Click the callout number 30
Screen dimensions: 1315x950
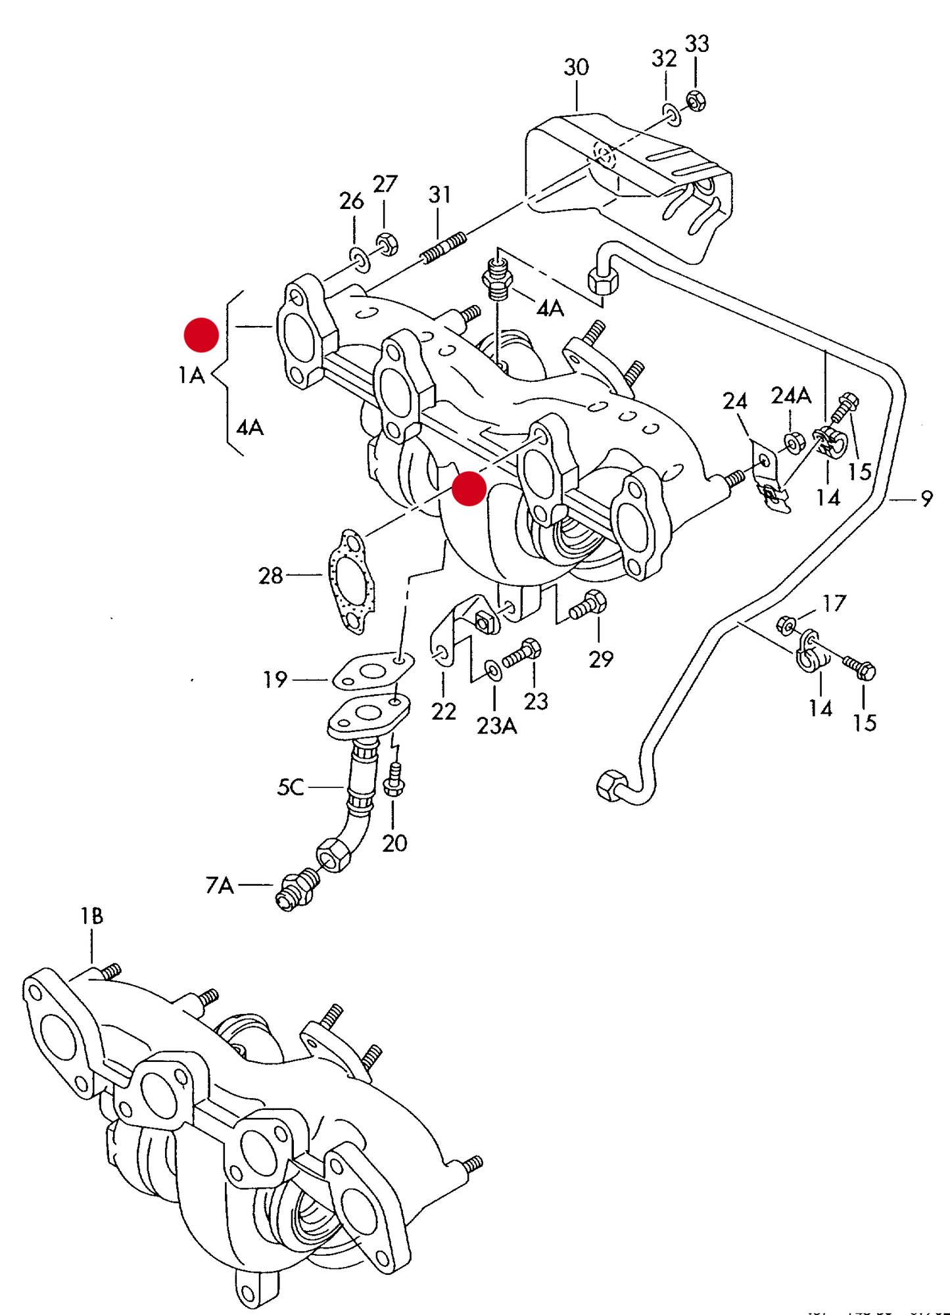click(576, 67)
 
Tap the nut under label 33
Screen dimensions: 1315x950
click(696, 101)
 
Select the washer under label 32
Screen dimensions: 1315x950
click(672, 115)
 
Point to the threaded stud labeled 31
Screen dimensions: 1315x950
click(443, 248)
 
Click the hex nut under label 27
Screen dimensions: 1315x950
click(387, 244)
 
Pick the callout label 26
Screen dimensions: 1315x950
click(351, 201)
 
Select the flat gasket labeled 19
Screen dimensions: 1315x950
click(373, 671)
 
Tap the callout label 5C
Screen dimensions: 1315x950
click(290, 787)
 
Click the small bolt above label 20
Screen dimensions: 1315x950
click(394, 780)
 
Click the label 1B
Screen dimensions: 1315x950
click(91, 916)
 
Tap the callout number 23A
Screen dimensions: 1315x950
click(496, 726)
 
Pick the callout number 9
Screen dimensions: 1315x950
click(926, 499)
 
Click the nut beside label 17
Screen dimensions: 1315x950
click(786, 624)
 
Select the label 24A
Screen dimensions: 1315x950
click(791, 396)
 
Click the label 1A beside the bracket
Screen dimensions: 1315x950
click(191, 375)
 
